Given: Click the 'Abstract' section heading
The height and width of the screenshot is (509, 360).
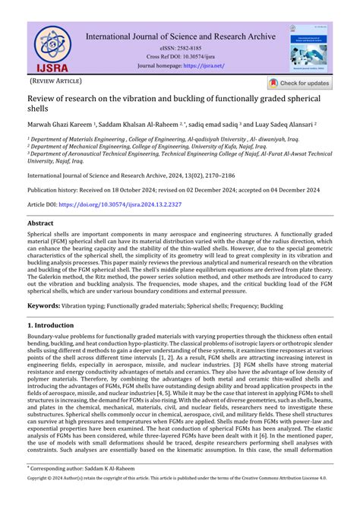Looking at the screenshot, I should (40, 223).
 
